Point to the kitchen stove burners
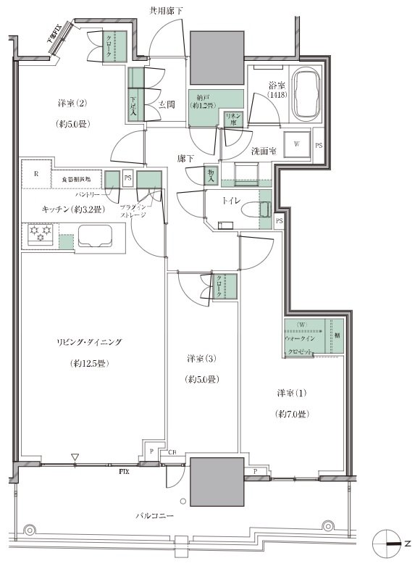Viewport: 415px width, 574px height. (38, 233)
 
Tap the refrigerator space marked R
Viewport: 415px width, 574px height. (35, 174)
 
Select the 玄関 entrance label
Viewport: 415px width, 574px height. (166, 104)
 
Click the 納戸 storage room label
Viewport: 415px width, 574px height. (204, 101)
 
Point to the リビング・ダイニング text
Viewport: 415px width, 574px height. (91, 341)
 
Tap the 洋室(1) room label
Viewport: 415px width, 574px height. (293, 394)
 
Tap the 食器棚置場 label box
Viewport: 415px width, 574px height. (75, 178)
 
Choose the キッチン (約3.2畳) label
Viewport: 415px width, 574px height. (71, 209)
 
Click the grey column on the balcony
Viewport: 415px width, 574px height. (216, 481)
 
